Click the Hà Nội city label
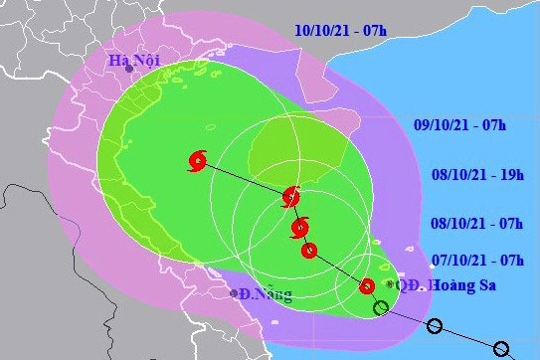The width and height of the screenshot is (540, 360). (x=134, y=61)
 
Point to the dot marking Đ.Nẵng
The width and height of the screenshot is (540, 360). (x=233, y=293)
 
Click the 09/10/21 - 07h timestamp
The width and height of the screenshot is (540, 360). (x=459, y=124)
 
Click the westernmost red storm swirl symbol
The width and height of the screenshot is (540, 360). (x=197, y=159)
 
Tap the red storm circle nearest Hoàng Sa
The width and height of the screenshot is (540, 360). (x=367, y=286)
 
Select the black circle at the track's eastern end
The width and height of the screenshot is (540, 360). (x=501, y=349)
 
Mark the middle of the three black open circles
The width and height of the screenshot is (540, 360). (x=435, y=326)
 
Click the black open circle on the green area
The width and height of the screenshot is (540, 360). (x=381, y=307)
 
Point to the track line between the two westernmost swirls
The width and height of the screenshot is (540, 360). (x=244, y=178)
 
